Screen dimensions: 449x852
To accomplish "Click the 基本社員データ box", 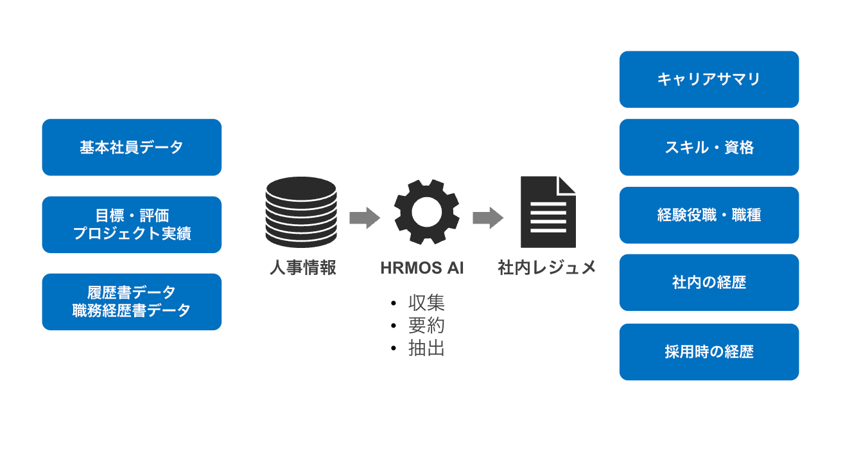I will [132, 147].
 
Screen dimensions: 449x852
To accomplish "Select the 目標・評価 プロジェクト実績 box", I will [132, 224].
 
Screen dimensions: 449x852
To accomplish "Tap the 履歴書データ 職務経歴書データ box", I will [132, 301].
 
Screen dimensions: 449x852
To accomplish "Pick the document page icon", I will [548, 212].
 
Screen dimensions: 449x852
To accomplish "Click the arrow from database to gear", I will [364, 217].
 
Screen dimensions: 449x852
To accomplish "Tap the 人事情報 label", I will [302, 267].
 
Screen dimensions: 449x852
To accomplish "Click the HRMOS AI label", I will [422, 268].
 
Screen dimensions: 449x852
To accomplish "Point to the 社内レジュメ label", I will [547, 267].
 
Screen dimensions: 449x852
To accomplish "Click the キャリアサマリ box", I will [709, 79].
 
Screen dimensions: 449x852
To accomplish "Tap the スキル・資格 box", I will [709, 147].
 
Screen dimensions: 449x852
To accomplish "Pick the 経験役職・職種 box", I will [709, 215].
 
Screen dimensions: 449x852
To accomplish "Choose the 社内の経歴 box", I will [709, 283].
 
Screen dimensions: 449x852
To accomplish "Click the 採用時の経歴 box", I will [709, 352].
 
